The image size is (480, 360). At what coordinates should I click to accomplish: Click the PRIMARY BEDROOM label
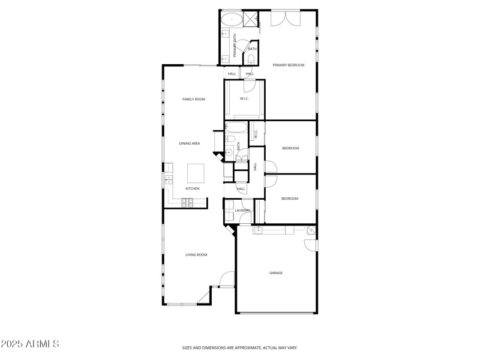pos(289,65)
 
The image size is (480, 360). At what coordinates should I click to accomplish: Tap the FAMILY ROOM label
pos(194,99)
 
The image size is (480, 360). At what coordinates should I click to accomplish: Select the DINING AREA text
pos(190,143)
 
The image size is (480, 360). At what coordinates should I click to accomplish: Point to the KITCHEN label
pos(192,189)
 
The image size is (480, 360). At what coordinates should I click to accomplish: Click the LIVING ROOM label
pos(196,255)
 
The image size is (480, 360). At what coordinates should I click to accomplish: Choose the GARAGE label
pos(276,273)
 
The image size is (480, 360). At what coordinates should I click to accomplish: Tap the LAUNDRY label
pos(242,211)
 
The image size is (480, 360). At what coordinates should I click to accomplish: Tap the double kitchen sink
pos(169,178)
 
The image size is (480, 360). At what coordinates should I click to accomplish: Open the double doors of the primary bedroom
pos(284,18)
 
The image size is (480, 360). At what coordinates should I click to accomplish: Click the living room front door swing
pos(227,279)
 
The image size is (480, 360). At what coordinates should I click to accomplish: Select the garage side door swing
pos(310,245)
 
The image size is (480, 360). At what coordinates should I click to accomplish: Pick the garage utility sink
pos(311,230)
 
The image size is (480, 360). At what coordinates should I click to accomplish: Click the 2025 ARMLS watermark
pos(30,344)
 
